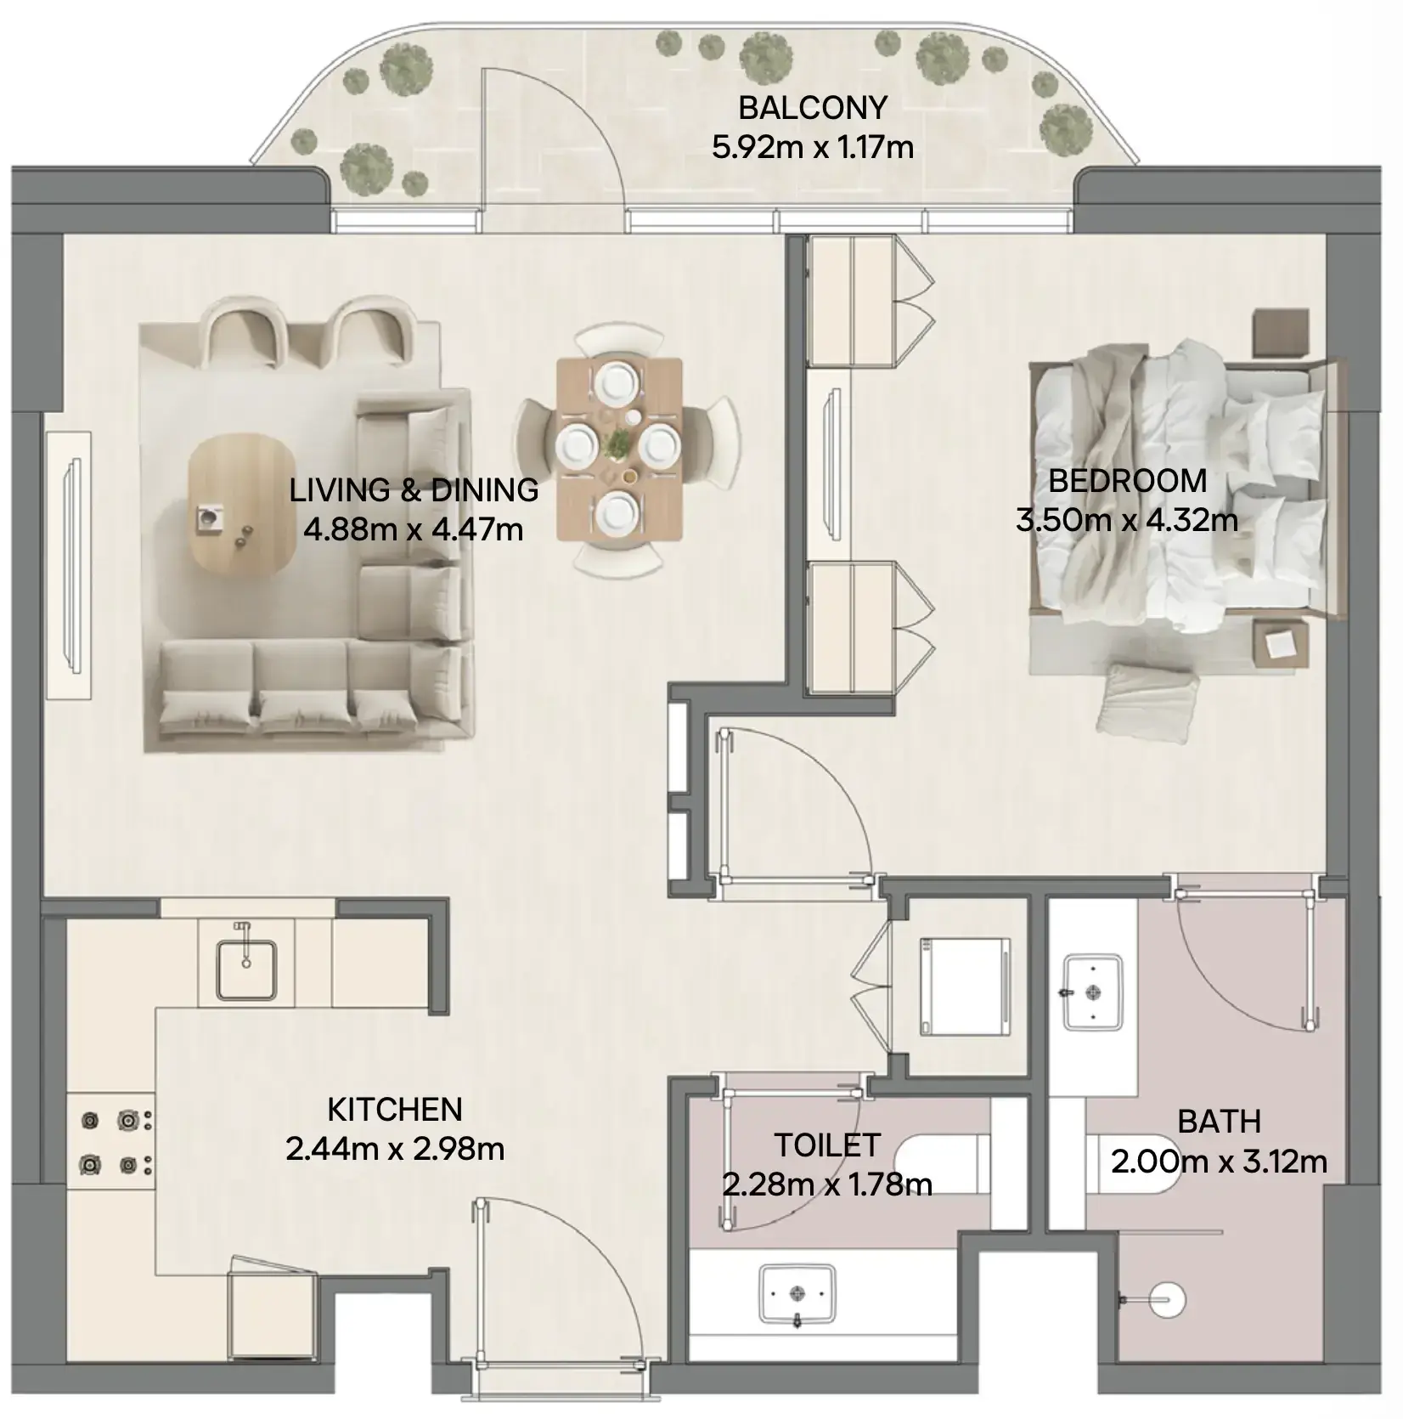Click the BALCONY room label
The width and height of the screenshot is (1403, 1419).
pyautogui.click(x=813, y=108)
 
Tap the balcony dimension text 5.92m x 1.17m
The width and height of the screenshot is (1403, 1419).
pyautogui.click(x=813, y=148)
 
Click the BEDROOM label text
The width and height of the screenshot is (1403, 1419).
pyautogui.click(x=1127, y=481)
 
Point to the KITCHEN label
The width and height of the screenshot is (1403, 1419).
pyautogui.click(x=395, y=1110)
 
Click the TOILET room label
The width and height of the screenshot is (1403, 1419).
pyautogui.click(x=826, y=1145)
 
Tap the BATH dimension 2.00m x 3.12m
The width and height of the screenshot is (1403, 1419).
pyautogui.click(x=1219, y=1162)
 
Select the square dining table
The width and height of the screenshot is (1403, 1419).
pyautogui.click(x=619, y=449)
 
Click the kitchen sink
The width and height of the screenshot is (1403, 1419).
pyautogui.click(x=246, y=968)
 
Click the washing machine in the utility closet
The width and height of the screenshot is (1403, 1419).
pyautogui.click(x=966, y=986)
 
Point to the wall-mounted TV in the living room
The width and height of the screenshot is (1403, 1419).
pyautogui.click(x=73, y=565)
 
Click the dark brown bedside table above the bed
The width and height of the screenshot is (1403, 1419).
pyautogui.click(x=1280, y=333)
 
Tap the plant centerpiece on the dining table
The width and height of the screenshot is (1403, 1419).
pyautogui.click(x=618, y=442)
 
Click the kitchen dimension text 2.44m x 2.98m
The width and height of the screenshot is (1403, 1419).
pyautogui.click(x=395, y=1150)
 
